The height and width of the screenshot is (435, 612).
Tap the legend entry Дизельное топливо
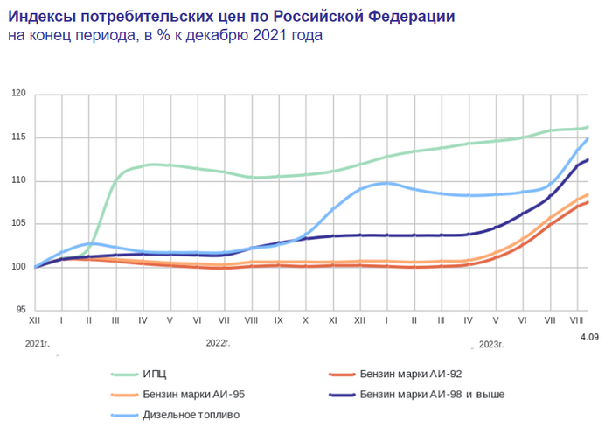[x=191, y=414]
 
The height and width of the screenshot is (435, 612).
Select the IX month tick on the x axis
[x=279, y=321]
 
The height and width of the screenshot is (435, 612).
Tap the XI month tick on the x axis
[x=333, y=321]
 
